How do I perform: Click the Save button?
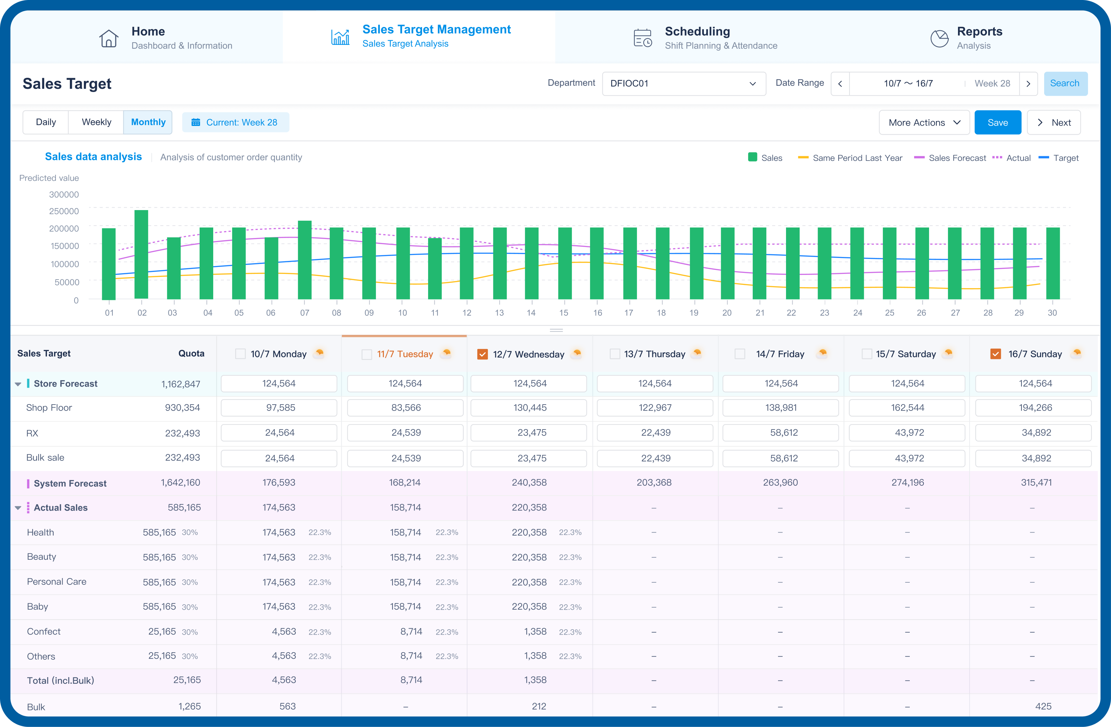coord(997,122)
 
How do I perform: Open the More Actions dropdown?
coord(923,122)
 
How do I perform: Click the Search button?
coord(1064,83)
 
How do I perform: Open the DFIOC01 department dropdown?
coord(684,83)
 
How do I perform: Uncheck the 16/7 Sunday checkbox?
coord(995,354)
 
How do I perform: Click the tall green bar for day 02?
coord(141,254)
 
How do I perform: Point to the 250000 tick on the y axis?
coord(64,211)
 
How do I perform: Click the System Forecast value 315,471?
coord(1036,482)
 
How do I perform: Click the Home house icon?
coord(109,38)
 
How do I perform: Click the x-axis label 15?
coord(563,312)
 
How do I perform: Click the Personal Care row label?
coord(57,581)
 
